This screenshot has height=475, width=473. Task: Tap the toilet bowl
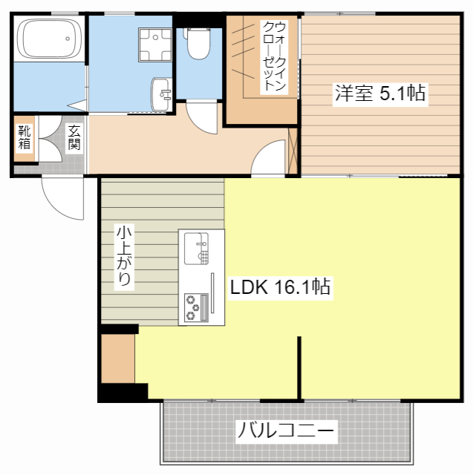198,45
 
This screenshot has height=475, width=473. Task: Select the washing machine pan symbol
155,43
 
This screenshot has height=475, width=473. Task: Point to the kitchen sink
200,248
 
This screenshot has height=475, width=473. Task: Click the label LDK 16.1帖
280,287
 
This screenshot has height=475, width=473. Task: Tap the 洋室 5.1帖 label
379,94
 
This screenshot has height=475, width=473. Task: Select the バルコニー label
286,430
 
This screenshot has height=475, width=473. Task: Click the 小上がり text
123,256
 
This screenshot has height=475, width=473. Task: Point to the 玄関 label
74,137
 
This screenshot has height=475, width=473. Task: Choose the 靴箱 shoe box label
24,140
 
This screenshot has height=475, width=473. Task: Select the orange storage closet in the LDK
117,358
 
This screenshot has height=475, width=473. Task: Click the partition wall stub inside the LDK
301,367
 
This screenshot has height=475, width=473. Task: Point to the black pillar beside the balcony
123,391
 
